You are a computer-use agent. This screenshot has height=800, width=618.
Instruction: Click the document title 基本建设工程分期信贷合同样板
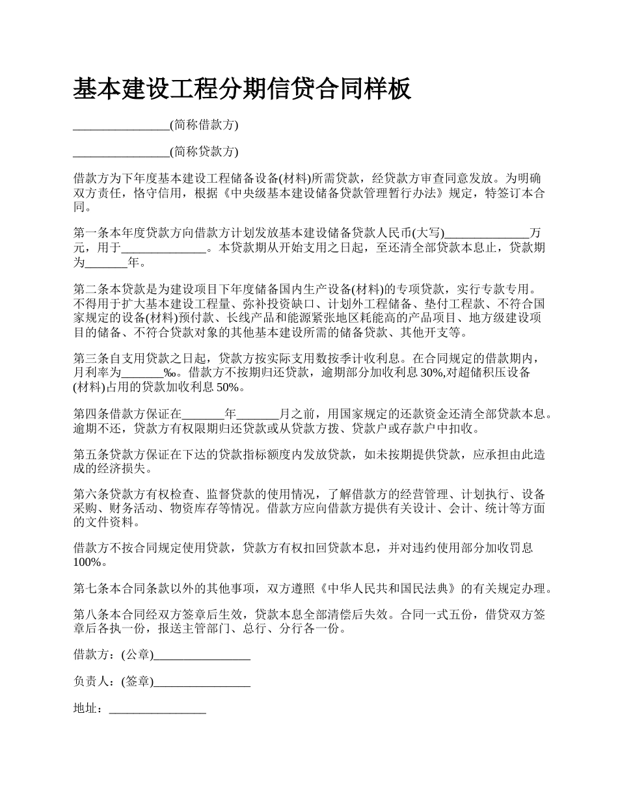click(242, 89)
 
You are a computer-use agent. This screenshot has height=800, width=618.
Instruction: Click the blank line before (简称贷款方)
click(121, 152)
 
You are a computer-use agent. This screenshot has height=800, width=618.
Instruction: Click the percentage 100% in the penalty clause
click(87, 563)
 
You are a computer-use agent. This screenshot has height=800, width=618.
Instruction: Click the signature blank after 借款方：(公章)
click(202, 655)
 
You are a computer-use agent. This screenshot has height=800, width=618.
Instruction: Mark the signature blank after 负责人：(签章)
click(202, 682)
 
